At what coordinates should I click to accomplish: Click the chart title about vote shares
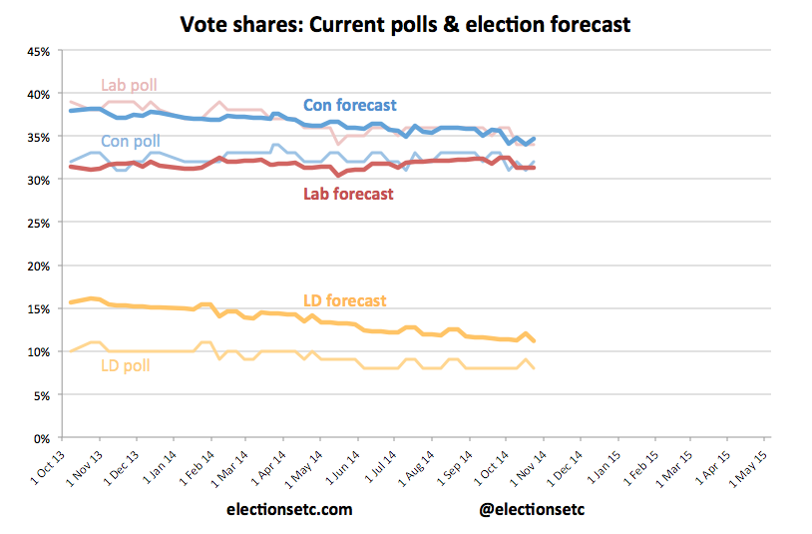(405, 24)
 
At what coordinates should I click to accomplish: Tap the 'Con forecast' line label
(349, 105)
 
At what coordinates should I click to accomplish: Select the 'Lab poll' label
(130, 85)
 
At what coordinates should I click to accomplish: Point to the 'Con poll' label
(130, 142)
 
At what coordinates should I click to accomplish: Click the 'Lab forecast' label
(348, 194)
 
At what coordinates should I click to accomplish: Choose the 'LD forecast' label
(344, 300)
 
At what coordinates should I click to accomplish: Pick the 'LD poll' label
(126, 366)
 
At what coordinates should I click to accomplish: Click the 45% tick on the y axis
(36, 51)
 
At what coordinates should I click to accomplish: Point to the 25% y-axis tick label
(36, 224)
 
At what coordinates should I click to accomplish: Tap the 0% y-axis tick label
(39, 438)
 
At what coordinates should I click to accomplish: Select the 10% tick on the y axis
(36, 352)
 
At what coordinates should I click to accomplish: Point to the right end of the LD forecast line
(535, 341)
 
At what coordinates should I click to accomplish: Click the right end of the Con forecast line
(535, 139)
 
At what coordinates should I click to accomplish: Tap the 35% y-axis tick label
(36, 137)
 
